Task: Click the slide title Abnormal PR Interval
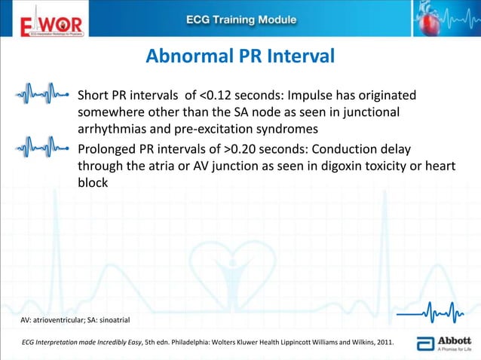click(x=240, y=57)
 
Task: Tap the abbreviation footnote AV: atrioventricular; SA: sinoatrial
click(x=75, y=321)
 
